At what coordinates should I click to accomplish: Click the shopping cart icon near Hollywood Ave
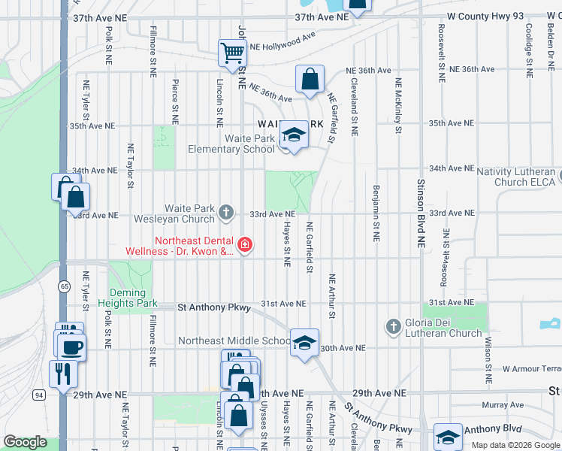233,53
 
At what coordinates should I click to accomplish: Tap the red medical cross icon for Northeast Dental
244,244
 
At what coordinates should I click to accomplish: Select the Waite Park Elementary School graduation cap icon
294,135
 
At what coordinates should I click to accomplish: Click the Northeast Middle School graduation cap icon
304,343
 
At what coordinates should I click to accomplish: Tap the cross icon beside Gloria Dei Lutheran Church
392,327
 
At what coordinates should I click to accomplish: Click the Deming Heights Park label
133,298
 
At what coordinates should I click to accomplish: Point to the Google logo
25,442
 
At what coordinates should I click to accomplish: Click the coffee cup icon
72,347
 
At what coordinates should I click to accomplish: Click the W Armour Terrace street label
532,369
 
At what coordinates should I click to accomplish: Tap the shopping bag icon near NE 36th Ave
310,79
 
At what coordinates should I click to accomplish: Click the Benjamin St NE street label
374,213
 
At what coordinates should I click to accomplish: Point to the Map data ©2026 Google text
514,445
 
